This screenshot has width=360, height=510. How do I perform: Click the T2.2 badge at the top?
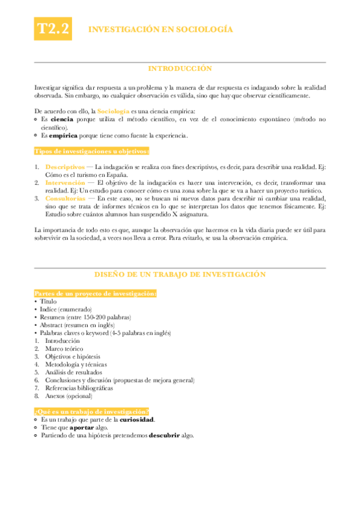pos(53,29)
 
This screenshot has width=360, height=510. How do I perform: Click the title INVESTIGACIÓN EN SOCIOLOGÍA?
pos(160,29)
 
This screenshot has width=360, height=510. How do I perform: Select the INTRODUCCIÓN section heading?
pos(180,69)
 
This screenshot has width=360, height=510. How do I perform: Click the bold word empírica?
pos(63,135)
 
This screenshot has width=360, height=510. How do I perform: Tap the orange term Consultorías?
pos(65,197)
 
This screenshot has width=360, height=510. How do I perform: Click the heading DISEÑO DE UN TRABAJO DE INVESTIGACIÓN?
pos(180,274)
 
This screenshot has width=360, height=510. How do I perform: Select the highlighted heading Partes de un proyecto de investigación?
pos(96,293)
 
